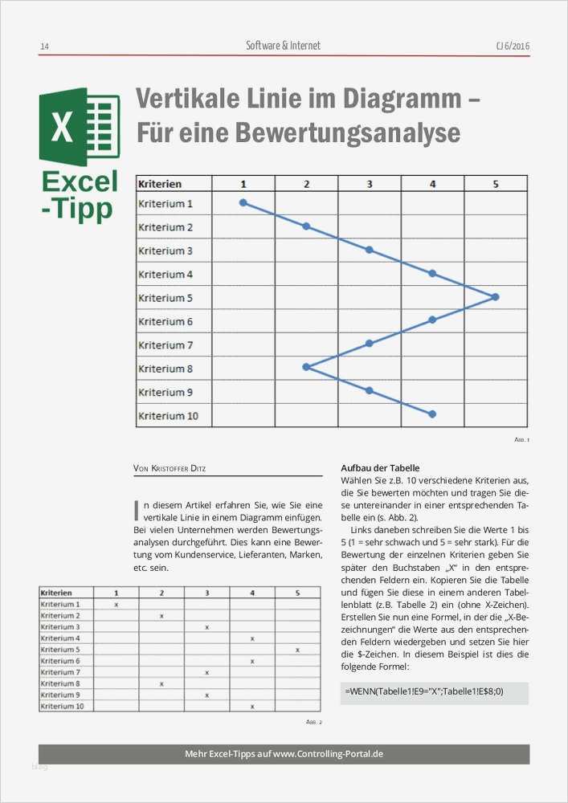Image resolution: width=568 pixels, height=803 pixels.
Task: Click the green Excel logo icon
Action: [79, 127]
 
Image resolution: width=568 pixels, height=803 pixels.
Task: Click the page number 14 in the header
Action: [44, 47]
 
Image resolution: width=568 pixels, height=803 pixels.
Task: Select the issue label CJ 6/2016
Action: [513, 47]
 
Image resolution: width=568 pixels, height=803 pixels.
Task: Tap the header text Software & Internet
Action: [283, 46]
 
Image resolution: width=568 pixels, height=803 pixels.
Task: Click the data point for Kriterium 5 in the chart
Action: [495, 297]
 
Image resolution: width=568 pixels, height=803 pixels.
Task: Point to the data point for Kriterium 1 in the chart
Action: [243, 202]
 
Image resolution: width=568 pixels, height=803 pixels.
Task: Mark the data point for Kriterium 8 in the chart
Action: [306, 367]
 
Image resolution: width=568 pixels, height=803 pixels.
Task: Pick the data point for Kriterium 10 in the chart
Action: [432, 414]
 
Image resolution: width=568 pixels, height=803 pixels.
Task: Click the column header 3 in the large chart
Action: [370, 184]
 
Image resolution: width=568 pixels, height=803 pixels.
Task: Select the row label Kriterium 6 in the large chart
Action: [165, 321]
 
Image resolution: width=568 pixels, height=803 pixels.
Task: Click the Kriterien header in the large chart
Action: [160, 184]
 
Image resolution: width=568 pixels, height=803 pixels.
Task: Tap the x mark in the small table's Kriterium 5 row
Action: [297, 650]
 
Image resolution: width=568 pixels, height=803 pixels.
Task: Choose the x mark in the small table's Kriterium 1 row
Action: [116, 604]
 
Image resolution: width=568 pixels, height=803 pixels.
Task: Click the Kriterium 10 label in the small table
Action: [63, 706]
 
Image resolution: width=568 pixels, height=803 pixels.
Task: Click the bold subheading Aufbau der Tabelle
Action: [380, 468]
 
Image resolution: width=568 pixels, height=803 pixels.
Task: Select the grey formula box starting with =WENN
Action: [434, 692]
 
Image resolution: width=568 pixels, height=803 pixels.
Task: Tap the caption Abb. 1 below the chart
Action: [522, 440]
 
